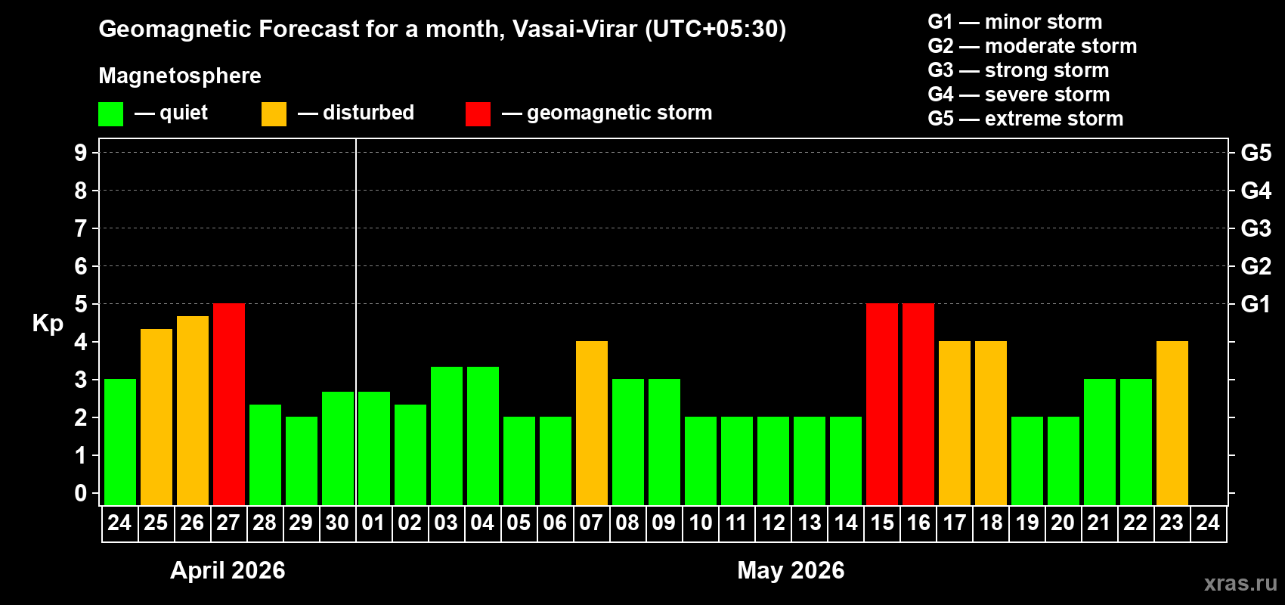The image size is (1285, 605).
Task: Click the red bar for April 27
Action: (x=229, y=404)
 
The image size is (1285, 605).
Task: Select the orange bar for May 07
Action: (x=592, y=423)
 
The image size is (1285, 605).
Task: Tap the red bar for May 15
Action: (x=882, y=404)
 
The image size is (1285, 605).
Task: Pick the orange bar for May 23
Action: (x=1172, y=423)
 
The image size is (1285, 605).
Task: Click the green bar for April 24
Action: (x=120, y=442)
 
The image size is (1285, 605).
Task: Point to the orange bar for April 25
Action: (x=156, y=417)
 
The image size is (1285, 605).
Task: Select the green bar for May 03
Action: (x=447, y=436)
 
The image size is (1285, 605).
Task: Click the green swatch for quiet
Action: (x=111, y=114)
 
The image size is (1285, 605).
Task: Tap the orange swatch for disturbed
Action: (x=274, y=114)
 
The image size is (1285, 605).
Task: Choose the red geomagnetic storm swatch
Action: (x=478, y=114)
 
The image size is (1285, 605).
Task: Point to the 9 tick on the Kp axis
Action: (x=81, y=153)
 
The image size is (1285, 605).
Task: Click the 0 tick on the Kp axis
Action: (x=81, y=494)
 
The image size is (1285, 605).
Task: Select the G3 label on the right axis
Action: (x=1256, y=228)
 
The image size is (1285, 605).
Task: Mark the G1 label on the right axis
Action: (x=1256, y=304)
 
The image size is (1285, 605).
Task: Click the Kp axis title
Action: (x=48, y=324)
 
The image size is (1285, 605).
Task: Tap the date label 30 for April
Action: (x=337, y=523)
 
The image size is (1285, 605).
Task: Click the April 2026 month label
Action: (x=228, y=570)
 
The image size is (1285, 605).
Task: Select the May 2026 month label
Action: (x=791, y=570)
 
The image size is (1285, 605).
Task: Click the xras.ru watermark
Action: (x=1240, y=583)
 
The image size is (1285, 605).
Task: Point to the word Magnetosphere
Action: (x=180, y=76)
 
